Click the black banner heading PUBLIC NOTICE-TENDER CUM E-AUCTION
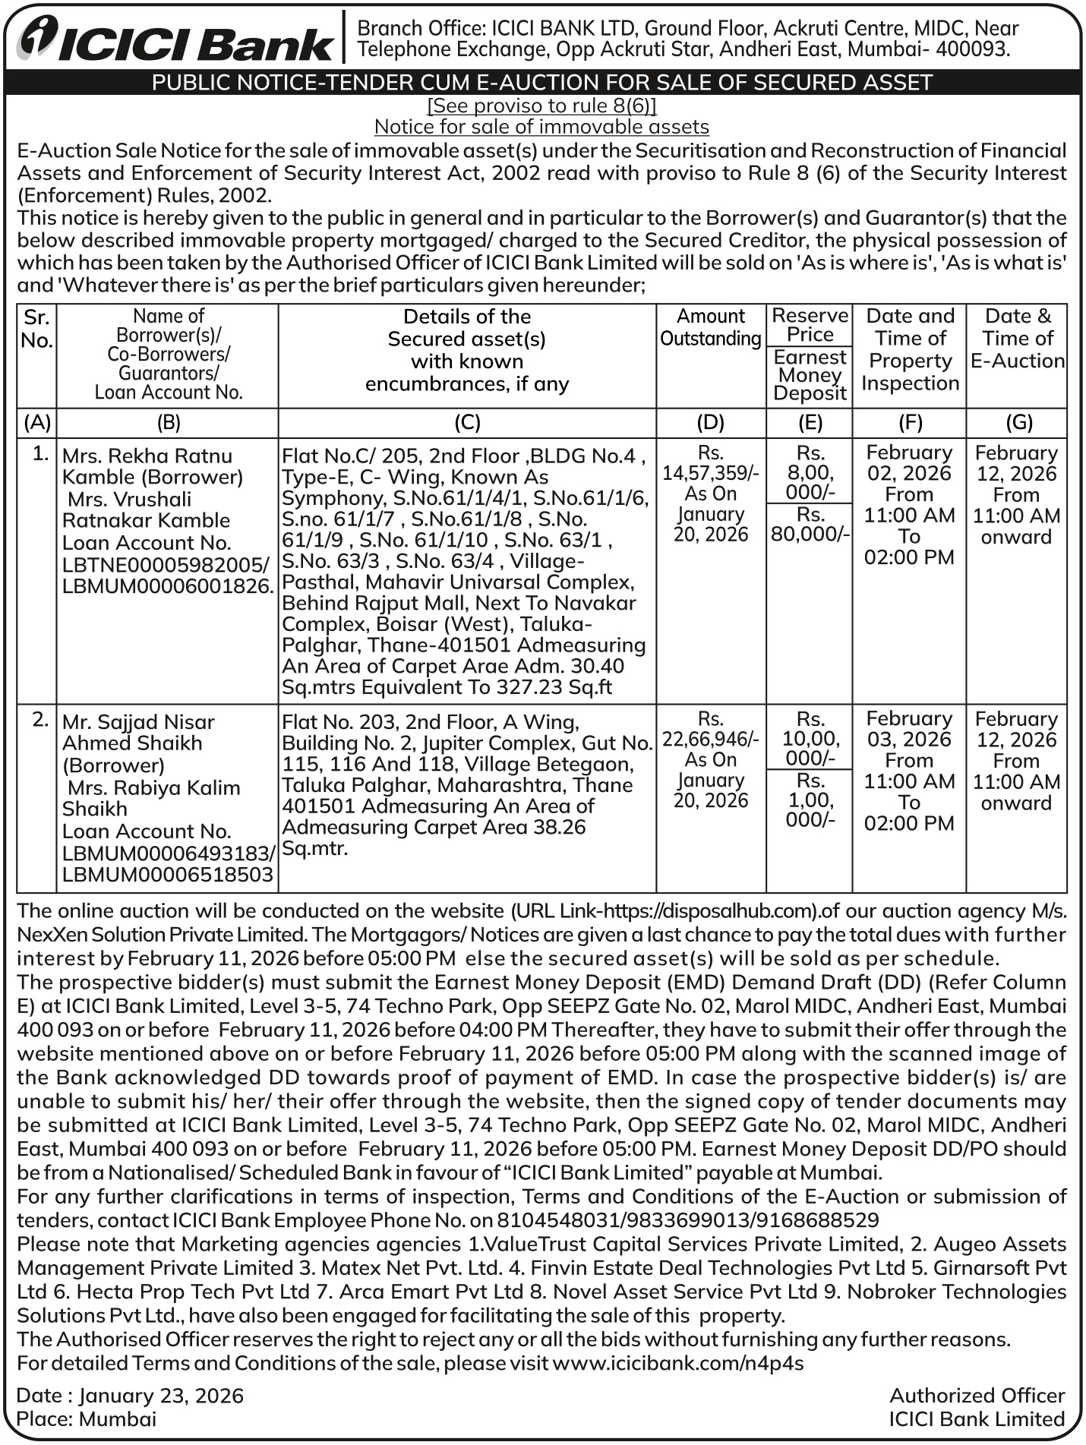coord(542,82)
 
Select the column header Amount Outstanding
coord(711,327)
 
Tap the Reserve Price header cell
coord(810,325)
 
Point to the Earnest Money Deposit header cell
coord(810,375)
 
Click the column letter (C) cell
coord(466,423)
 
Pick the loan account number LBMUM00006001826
coord(167,586)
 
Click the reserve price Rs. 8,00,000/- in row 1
coord(810,472)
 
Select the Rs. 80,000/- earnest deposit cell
coord(810,525)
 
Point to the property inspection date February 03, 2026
coord(909,729)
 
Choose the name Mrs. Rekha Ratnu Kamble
coord(152,466)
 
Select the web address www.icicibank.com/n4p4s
coord(678,1363)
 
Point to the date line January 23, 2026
coord(130,1396)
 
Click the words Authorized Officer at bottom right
coord(977,1396)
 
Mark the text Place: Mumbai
coord(87,1419)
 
